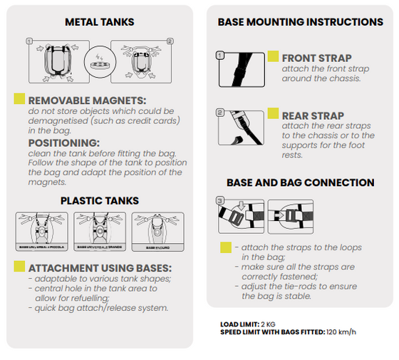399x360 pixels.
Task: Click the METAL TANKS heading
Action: [100, 22]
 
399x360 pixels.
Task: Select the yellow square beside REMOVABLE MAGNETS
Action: [20, 100]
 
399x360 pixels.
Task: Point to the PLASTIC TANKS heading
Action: [100, 200]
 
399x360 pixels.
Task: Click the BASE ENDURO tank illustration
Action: [158, 232]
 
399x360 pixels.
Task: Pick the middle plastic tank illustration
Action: [100, 232]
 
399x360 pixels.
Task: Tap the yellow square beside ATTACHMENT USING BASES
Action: [20, 267]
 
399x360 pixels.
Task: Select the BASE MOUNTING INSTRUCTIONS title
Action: [300, 22]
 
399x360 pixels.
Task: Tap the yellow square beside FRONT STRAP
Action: [274, 56]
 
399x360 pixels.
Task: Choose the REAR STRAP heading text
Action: [313, 115]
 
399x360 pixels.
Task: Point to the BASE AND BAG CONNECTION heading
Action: [300, 183]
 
